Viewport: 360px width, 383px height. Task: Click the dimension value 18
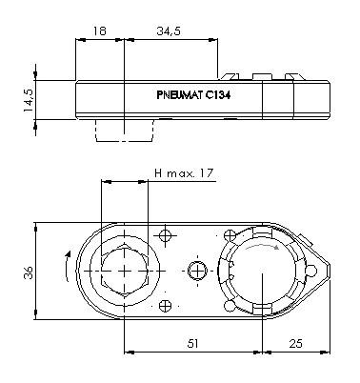[99, 30]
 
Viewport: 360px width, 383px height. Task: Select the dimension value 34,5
[169, 31]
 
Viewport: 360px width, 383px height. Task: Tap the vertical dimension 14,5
[29, 100]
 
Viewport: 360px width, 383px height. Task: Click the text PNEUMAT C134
[193, 95]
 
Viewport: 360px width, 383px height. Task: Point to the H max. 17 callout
[184, 173]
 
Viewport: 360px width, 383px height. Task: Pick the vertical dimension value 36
[29, 272]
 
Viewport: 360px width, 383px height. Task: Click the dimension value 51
[193, 344]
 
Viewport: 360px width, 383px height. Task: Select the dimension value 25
[296, 344]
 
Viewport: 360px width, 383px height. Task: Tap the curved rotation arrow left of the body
[67, 266]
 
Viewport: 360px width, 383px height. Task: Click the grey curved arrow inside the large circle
[263, 246]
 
